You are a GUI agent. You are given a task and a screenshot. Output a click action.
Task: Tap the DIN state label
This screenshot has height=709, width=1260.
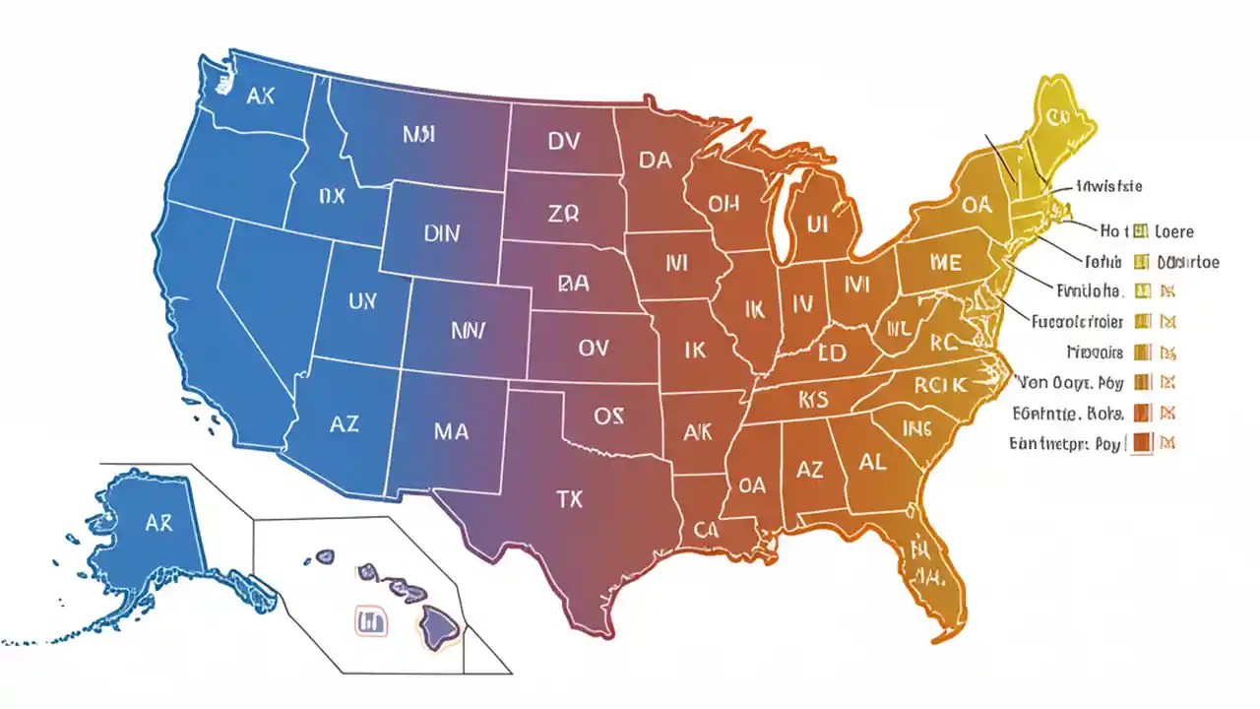tap(442, 234)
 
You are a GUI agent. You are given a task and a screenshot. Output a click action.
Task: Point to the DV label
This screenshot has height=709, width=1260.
tap(564, 142)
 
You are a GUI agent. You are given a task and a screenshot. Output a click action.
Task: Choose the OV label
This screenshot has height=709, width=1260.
tap(594, 348)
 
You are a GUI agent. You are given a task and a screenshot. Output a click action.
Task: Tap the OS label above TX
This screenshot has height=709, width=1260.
tap(609, 417)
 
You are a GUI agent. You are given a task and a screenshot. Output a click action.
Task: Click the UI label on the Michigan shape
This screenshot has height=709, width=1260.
tap(818, 225)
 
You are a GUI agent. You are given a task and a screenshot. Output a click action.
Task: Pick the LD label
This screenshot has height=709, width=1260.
tap(833, 352)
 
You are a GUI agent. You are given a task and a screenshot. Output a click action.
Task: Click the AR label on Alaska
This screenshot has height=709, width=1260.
tap(158, 524)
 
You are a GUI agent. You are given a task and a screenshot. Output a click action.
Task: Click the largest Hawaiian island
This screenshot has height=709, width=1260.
tap(440, 622)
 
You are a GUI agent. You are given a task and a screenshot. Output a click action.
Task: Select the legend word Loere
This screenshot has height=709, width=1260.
tap(1174, 231)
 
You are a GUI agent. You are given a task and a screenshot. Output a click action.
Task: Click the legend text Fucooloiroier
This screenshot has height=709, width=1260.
tap(1077, 321)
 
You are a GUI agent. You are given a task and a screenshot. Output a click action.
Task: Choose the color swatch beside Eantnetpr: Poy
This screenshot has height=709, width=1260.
tap(1142, 443)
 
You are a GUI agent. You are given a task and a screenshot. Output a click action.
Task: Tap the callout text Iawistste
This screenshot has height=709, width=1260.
tap(1109, 186)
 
